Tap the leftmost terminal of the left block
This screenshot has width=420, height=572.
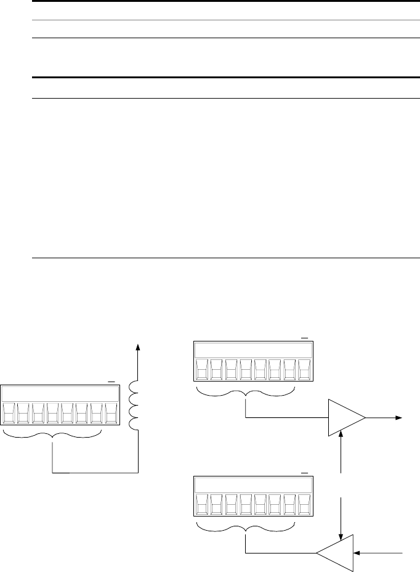point(9,413)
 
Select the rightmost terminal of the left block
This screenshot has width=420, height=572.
point(110,413)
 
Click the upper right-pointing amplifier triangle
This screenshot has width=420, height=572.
point(347,417)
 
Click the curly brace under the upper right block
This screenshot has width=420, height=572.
point(246,393)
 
